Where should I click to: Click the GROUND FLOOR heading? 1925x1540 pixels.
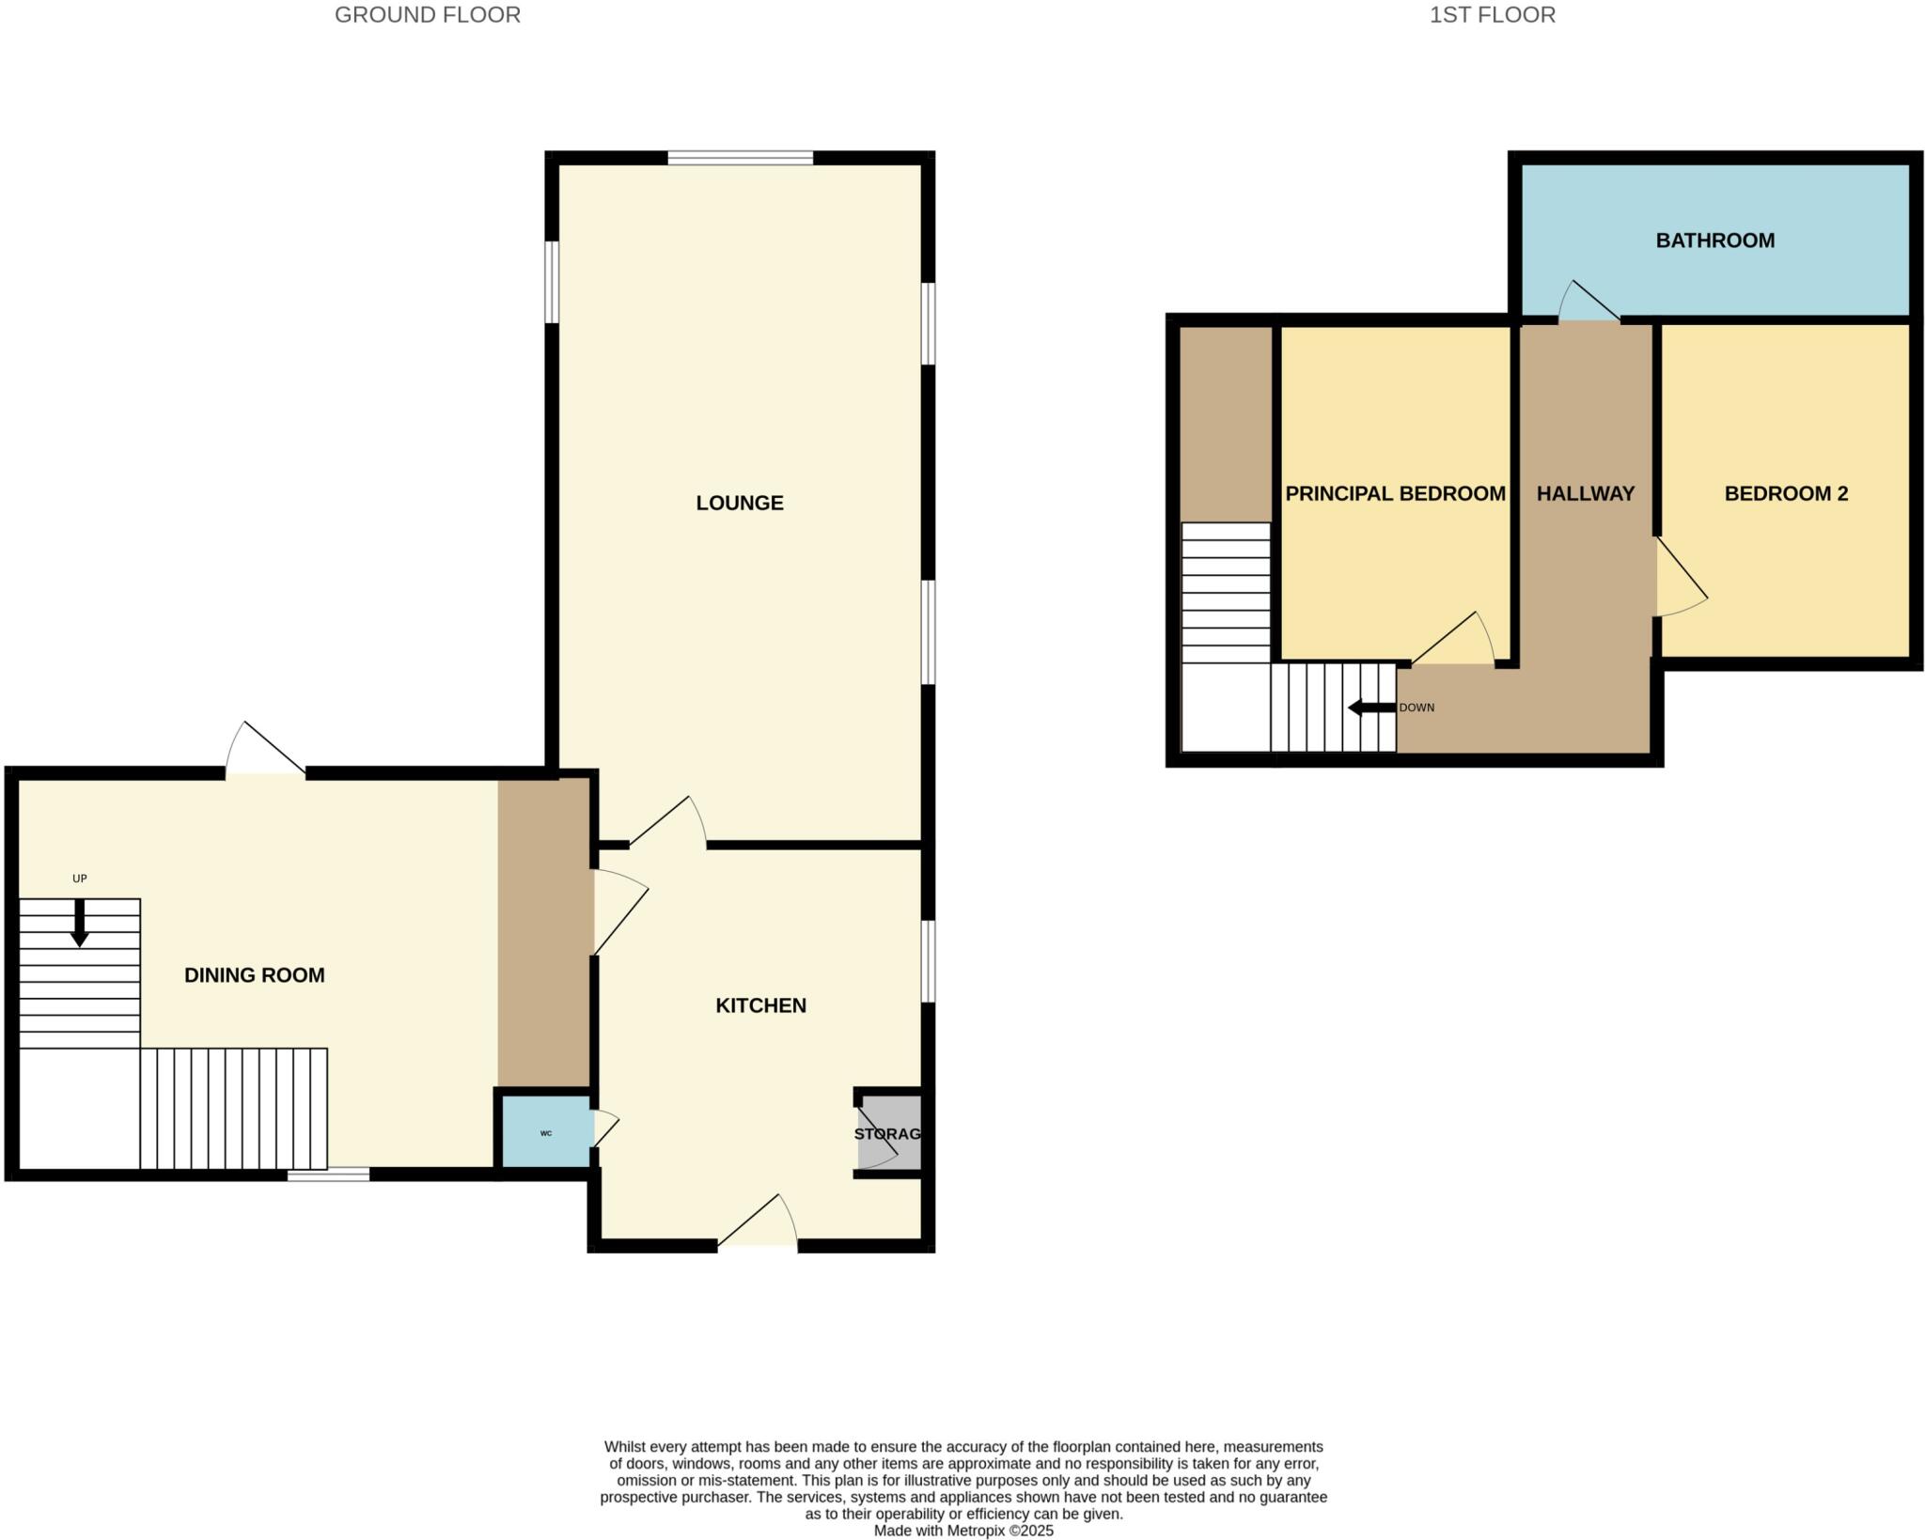point(427,15)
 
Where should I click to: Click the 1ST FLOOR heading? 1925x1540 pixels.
point(1492,15)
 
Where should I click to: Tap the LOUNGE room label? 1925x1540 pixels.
point(739,503)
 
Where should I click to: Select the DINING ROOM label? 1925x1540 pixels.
point(254,975)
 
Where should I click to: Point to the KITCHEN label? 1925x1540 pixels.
point(760,1005)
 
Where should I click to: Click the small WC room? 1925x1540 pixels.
point(546,1132)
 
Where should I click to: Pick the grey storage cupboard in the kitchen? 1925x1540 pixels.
point(888,1133)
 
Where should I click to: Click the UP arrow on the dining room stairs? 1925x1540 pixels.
point(80,922)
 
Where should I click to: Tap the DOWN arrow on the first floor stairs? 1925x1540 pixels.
point(1371,708)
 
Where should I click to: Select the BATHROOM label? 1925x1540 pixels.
point(1714,241)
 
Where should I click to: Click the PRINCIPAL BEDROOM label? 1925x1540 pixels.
point(1395,493)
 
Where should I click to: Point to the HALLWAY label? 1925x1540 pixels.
point(1585,493)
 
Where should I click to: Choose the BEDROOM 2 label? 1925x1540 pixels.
point(1785,493)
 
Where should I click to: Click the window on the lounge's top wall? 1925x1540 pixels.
point(740,158)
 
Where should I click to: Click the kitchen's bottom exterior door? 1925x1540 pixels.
point(759,1222)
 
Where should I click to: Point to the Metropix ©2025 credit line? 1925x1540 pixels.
point(963,1531)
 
